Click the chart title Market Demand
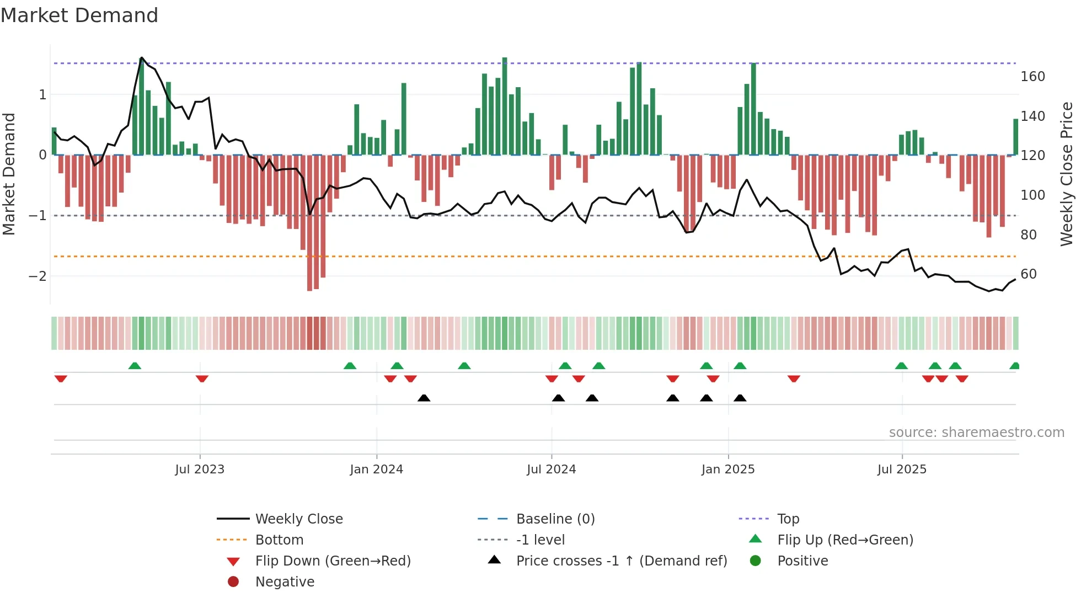[x=79, y=15]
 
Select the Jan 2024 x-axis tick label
[x=376, y=470]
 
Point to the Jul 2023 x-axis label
[x=200, y=470]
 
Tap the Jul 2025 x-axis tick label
[x=902, y=470]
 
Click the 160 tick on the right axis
[x=1032, y=77]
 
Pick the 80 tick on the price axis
[x=1028, y=235]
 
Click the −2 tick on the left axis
[x=38, y=276]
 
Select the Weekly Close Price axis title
[x=1067, y=174]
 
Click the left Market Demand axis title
[x=9, y=174]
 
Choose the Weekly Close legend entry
[x=298, y=519]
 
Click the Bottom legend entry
[x=279, y=540]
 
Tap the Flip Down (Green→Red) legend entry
[x=333, y=561]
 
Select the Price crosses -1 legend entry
[x=621, y=561]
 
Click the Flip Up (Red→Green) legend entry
[x=845, y=540]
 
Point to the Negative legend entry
[x=285, y=582]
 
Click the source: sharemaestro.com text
[x=976, y=433]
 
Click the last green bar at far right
[x=1015, y=137]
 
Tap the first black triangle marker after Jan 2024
[x=424, y=398]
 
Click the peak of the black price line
[x=142, y=58]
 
